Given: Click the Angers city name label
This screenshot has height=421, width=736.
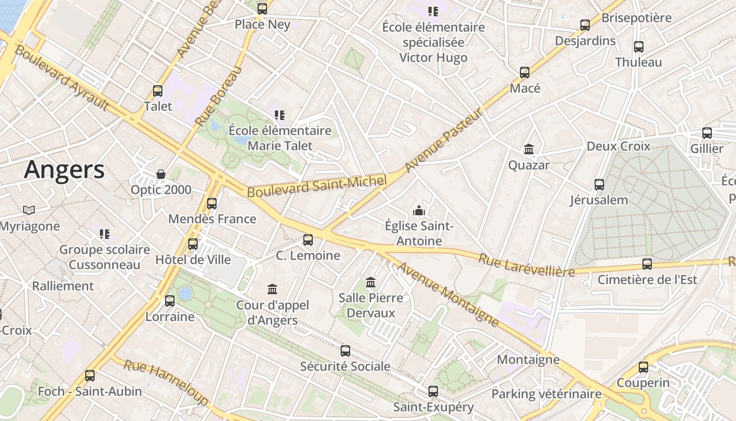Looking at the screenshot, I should click(x=64, y=170).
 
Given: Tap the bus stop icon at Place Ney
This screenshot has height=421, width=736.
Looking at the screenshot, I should click(x=262, y=9).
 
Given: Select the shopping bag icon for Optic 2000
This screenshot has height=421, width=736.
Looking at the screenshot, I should click(x=161, y=174).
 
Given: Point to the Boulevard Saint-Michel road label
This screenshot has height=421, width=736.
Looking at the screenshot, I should click(x=317, y=186).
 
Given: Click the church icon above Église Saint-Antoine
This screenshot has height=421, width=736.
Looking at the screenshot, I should click(x=419, y=211).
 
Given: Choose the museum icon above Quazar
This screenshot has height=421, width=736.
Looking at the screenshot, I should click(x=529, y=150).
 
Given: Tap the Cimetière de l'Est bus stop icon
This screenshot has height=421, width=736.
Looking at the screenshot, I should click(x=647, y=264).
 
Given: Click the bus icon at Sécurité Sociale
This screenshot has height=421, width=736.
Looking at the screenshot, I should click(x=345, y=351).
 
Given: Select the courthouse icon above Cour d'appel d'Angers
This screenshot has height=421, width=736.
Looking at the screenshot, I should click(x=272, y=289).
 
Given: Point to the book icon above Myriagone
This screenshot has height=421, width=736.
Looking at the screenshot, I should click(x=29, y=210).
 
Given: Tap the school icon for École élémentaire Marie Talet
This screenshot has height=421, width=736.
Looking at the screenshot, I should click(x=280, y=115).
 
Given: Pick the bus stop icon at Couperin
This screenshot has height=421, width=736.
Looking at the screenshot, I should click(x=643, y=367).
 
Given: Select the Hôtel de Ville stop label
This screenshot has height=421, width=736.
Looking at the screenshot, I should click(x=193, y=260).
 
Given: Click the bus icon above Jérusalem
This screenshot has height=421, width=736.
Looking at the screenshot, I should click(x=599, y=185).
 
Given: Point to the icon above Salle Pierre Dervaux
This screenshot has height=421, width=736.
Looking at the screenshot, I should click(x=371, y=283).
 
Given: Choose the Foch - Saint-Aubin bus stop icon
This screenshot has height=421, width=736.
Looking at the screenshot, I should click(x=90, y=376).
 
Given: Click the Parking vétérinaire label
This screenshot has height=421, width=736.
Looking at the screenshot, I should click(x=546, y=394).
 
